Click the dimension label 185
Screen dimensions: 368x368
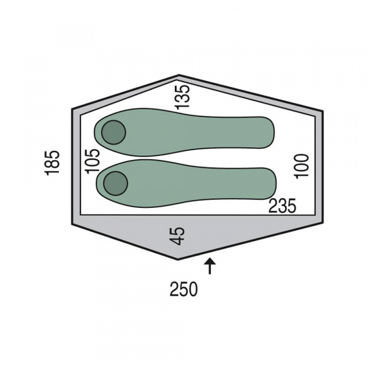pyautogui.click(x=52, y=163)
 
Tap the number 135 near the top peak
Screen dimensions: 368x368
pyautogui.click(x=182, y=98)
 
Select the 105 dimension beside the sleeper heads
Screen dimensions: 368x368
pyautogui.click(x=93, y=161)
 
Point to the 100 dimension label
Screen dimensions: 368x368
pyautogui.click(x=301, y=166)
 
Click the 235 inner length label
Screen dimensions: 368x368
pyautogui.click(x=282, y=206)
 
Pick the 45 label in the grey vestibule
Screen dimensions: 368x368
pyautogui.click(x=178, y=236)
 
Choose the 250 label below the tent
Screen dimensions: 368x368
pyautogui.click(x=184, y=289)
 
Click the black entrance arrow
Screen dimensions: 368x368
pyautogui.click(x=210, y=266)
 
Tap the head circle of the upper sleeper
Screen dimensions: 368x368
pyautogui.click(x=113, y=132)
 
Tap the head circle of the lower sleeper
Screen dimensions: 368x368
pyautogui.click(x=115, y=183)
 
